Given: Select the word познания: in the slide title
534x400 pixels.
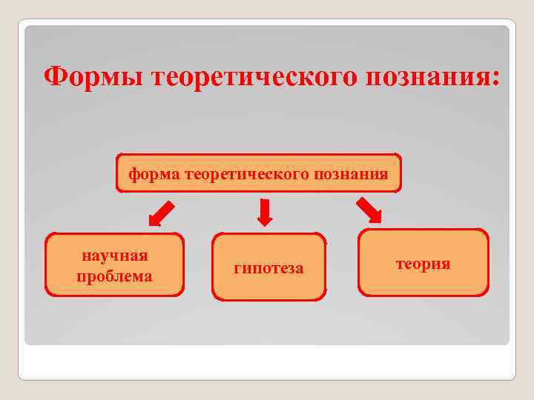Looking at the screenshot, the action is point(430,76).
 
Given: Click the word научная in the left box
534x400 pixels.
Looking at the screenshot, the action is point(114,256).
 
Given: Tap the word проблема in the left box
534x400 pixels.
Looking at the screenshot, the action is point(114,276).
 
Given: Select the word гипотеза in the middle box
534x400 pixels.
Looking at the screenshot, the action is point(268,267).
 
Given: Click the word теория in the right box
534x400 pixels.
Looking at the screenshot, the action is point(423,263).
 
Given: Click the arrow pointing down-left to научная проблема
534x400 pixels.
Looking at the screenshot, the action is point(162,213).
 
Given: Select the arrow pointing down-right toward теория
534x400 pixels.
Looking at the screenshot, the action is point(369,210).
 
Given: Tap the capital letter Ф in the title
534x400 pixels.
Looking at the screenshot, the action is point(54,76).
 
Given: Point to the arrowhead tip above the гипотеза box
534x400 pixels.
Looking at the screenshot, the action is point(265,224).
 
